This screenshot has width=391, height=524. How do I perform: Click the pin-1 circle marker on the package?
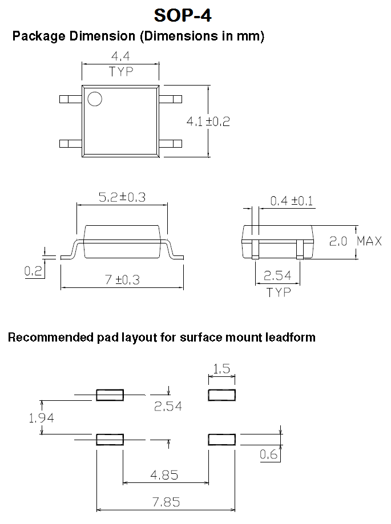click(x=94, y=99)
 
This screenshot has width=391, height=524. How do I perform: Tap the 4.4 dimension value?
click(x=120, y=57)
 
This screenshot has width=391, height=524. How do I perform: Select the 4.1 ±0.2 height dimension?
click(x=208, y=121)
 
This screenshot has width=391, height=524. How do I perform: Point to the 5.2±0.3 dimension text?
click(x=122, y=197)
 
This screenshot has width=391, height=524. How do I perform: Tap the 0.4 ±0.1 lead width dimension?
click(x=291, y=201)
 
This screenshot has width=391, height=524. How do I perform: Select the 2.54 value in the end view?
click(x=277, y=277)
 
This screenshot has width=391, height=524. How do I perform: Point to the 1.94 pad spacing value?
click(x=41, y=418)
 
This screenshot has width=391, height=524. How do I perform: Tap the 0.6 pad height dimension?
click(x=269, y=454)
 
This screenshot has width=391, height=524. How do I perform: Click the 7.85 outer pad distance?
click(x=166, y=502)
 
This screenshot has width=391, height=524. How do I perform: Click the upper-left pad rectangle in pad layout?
click(x=110, y=395)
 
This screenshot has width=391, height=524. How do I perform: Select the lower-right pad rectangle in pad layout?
click(x=221, y=439)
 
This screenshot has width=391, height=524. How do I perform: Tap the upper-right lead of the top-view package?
click(x=170, y=99)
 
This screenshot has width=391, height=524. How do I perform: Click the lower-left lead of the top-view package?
click(x=71, y=143)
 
